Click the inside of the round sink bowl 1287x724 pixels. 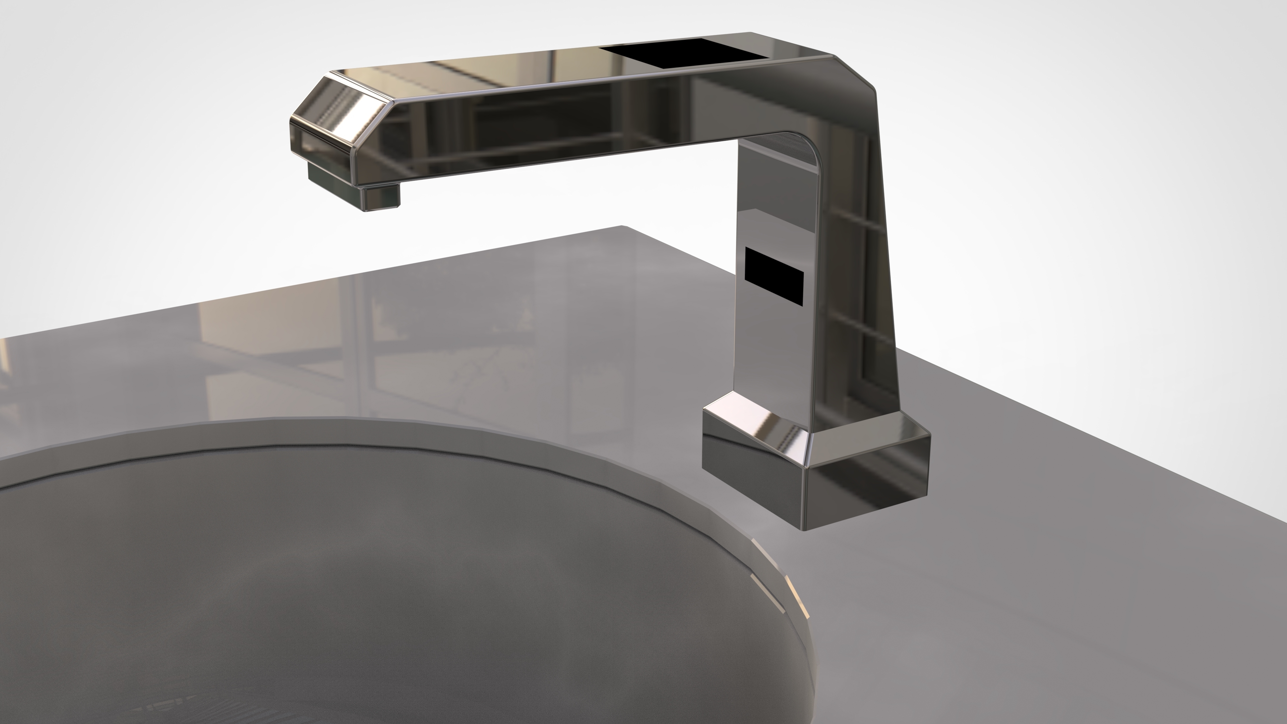[350, 600]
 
